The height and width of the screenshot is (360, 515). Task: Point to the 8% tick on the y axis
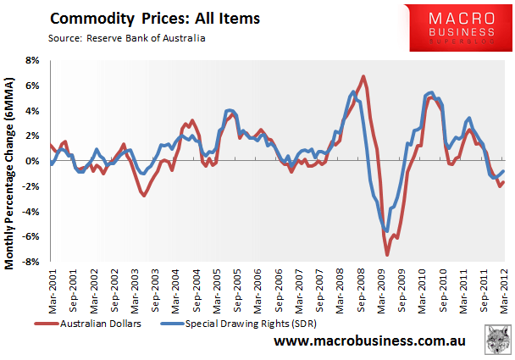[32, 61]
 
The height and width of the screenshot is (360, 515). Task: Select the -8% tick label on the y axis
[30, 263]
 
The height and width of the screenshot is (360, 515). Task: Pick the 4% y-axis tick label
[32, 111]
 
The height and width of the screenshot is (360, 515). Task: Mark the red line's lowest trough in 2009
[387, 255]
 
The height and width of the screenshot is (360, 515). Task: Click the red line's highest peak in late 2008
[363, 76]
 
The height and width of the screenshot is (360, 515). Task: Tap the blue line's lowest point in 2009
[386, 231]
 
